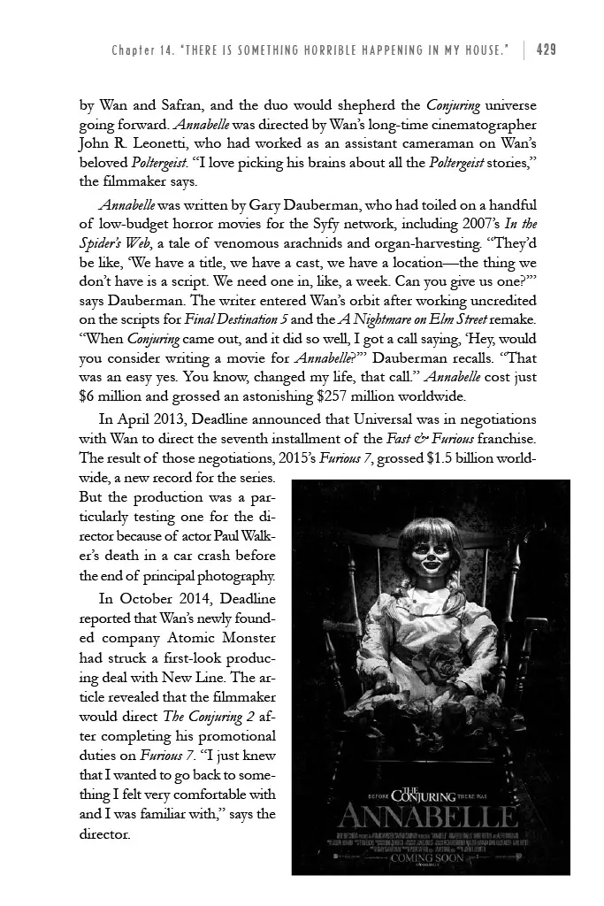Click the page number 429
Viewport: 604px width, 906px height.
tap(546, 49)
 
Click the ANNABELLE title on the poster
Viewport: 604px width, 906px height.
tap(431, 813)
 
